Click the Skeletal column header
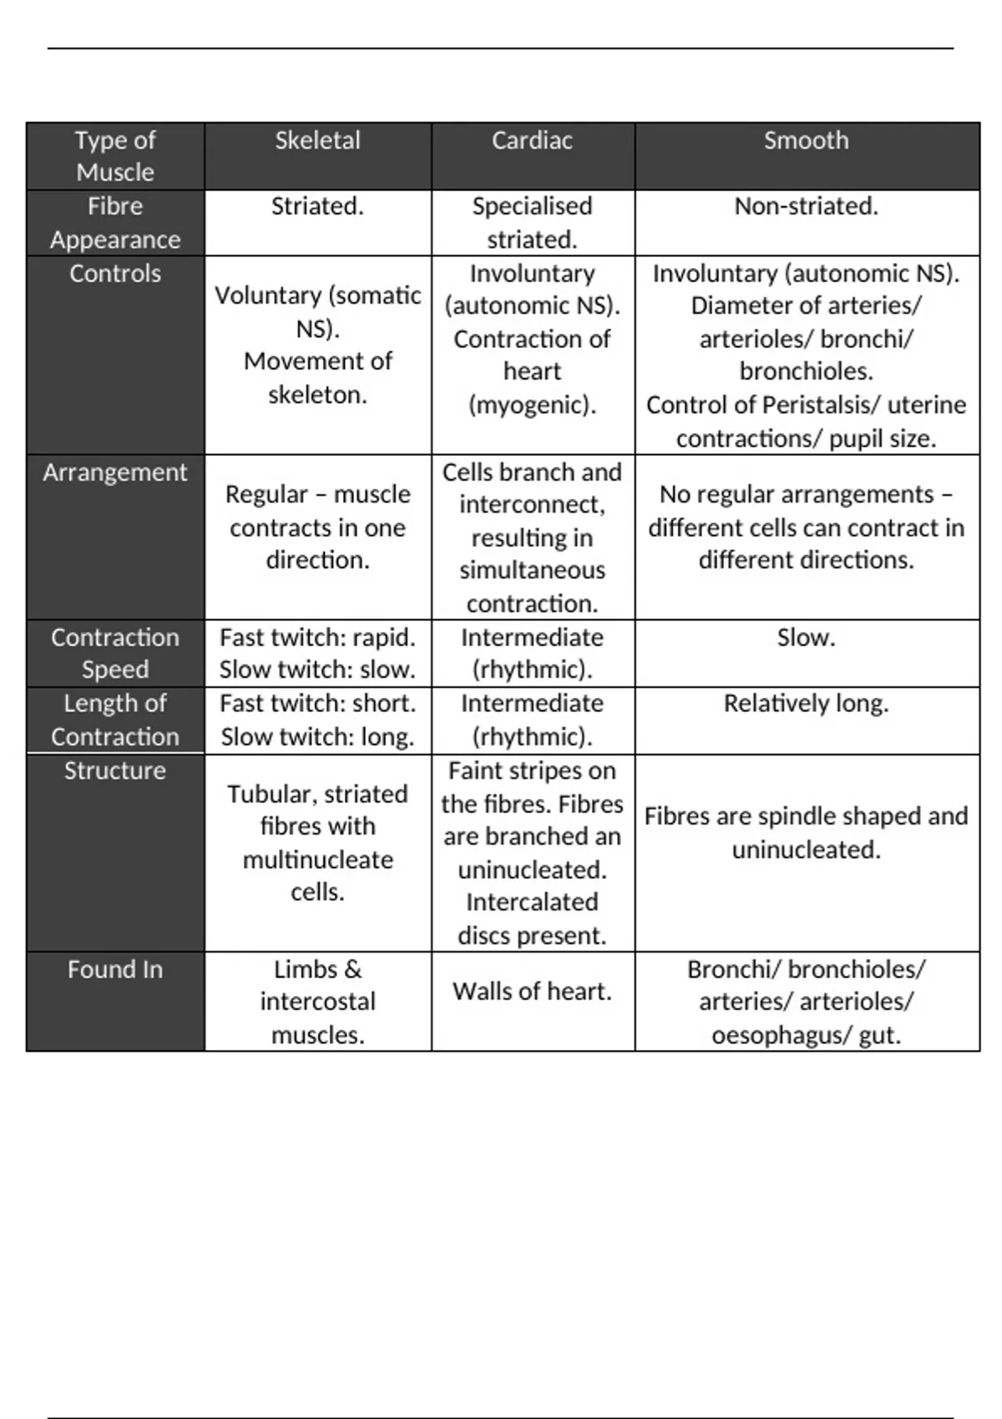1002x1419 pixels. pyautogui.click(x=317, y=140)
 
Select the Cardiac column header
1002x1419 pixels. pyautogui.click(x=532, y=140)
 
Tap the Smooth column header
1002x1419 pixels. pyautogui.click(x=806, y=140)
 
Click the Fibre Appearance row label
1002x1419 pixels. pyautogui.click(x=115, y=223)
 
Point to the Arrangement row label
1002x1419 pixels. pyautogui.click(x=115, y=472)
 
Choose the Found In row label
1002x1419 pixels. pyautogui.click(x=115, y=969)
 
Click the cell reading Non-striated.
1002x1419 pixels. pyautogui.click(x=806, y=206)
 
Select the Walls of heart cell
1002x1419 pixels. pyautogui.click(x=532, y=992)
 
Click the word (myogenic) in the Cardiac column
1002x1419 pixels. pyautogui.click(x=532, y=405)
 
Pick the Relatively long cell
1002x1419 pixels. pyautogui.click(x=806, y=704)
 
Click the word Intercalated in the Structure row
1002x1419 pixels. pyautogui.click(x=532, y=902)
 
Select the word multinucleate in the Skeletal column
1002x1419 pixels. pyautogui.click(x=317, y=860)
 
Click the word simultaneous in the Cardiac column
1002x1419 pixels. pyautogui.click(x=532, y=570)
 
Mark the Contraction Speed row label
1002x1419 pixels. pyautogui.click(x=115, y=654)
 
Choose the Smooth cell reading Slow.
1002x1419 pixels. pyautogui.click(x=806, y=638)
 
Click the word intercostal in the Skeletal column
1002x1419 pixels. pyautogui.click(x=317, y=1002)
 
